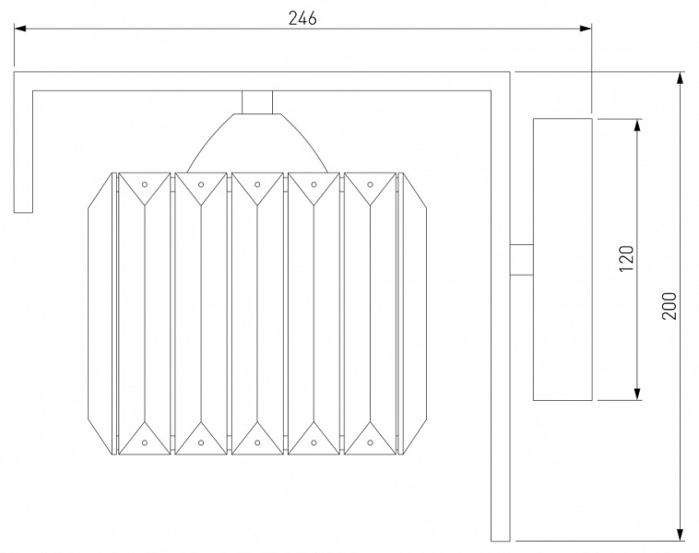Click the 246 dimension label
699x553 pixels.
pos(302,18)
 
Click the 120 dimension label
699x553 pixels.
pos(626,258)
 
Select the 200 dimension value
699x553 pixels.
pos(669,306)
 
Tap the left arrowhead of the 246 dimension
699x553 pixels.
pos(19,29)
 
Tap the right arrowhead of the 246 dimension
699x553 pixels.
pos(586,29)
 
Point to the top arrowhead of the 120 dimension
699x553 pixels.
pos(637,125)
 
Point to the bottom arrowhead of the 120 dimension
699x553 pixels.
pos(637,394)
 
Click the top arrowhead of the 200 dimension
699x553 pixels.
pos(680,77)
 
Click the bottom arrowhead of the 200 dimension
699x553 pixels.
pos(680,535)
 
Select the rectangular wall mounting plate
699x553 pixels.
pos(563,259)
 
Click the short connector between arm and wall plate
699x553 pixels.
pos(522,260)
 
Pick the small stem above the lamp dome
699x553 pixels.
pos(257,102)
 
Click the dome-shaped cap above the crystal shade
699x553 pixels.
pos(257,143)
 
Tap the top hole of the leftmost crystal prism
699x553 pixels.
pos(145,184)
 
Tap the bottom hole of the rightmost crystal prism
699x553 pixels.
pos(370,442)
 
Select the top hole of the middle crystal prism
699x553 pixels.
pos(257,184)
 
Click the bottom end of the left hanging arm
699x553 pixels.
pos(23,212)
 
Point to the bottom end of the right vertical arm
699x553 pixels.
pos(500,541)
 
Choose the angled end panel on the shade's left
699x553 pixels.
pos(102,313)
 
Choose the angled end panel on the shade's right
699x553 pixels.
pos(412,313)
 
